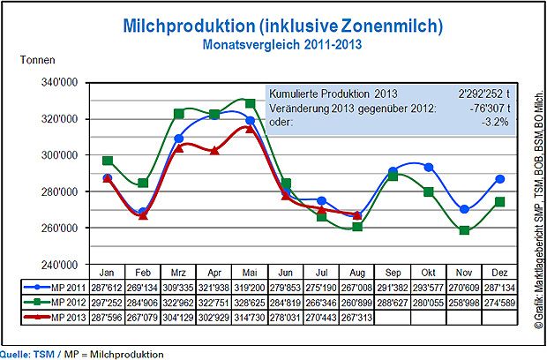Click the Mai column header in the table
[x=250, y=272]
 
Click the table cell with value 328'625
[x=250, y=302]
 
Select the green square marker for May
[x=250, y=103]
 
